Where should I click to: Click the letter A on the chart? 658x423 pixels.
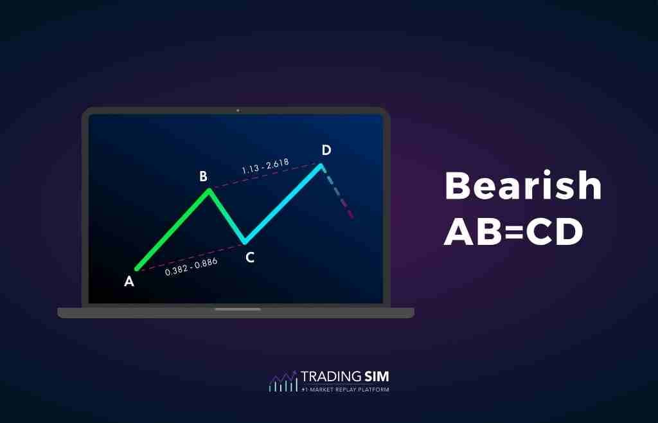click(x=129, y=281)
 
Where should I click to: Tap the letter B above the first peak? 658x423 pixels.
click(x=203, y=176)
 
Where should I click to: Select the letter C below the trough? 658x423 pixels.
click(x=250, y=258)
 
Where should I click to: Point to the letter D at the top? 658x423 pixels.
click(x=326, y=150)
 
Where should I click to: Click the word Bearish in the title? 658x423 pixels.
click(x=523, y=187)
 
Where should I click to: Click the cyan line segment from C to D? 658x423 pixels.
click(x=283, y=204)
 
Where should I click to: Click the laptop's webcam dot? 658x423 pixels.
click(x=237, y=111)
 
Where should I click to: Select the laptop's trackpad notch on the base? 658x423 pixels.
click(x=237, y=309)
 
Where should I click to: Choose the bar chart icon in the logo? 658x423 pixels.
click(x=283, y=382)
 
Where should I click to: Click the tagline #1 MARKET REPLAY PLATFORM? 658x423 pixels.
click(x=345, y=389)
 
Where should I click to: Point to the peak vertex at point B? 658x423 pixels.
click(x=208, y=190)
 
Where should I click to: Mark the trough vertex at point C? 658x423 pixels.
click(x=245, y=243)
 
